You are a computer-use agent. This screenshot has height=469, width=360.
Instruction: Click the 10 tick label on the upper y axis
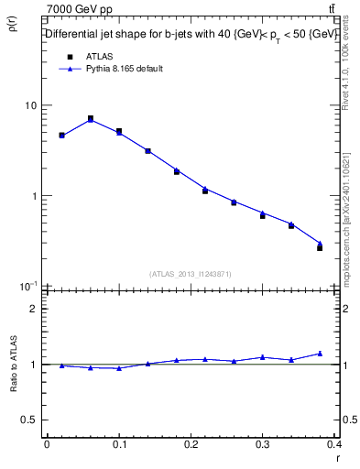30,105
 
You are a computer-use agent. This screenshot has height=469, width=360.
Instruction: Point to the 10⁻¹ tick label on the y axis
28,286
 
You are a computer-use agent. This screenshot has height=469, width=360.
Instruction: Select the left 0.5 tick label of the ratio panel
29,420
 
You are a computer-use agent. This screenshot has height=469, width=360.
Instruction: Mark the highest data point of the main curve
90,119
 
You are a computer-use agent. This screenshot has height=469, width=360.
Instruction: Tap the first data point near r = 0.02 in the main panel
61,136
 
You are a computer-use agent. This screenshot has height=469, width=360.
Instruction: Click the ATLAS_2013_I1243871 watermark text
191,274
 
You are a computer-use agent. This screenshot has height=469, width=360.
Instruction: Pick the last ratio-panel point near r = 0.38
320,354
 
